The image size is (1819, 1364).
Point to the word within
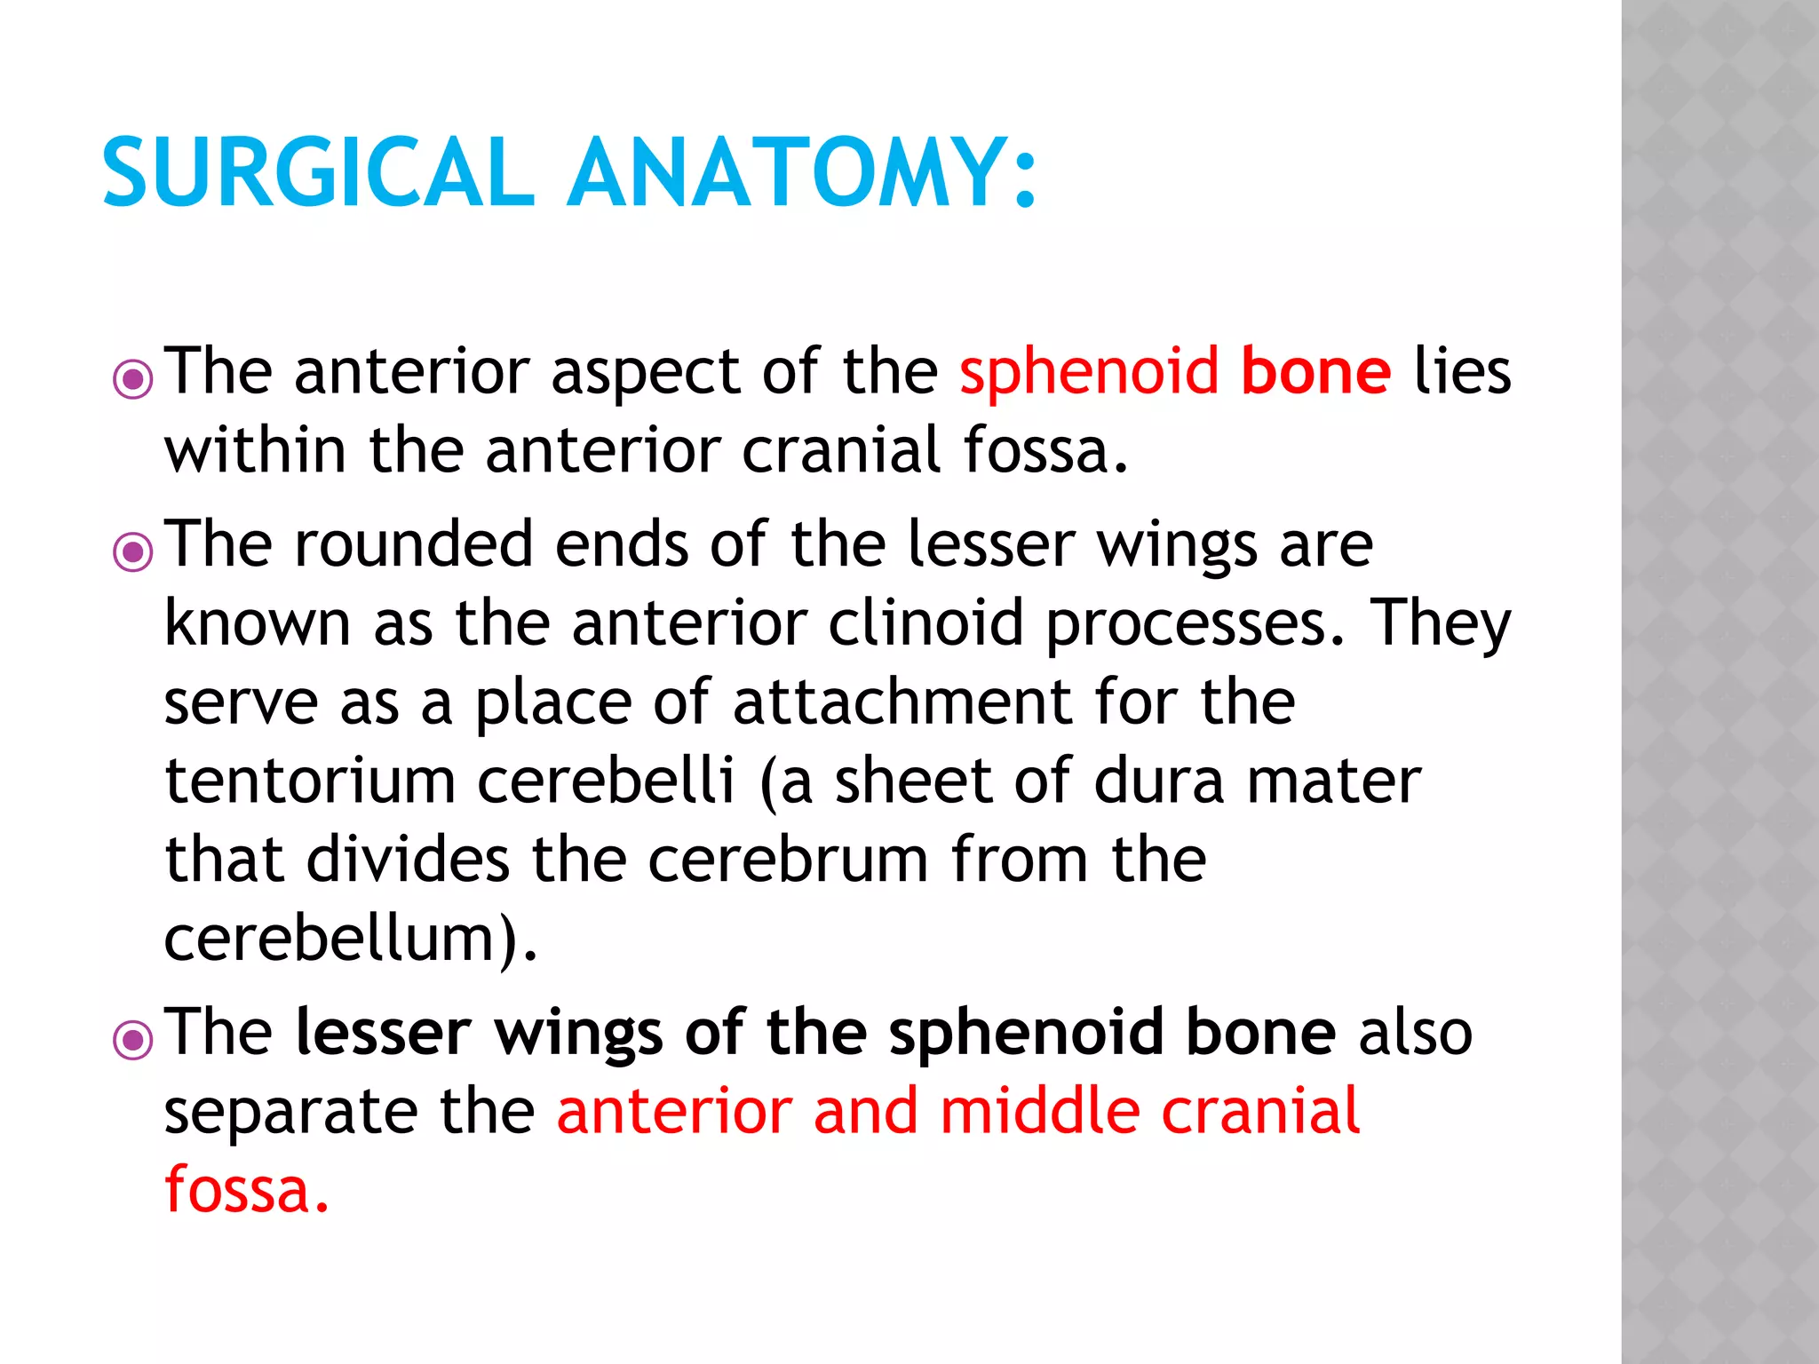click(x=255, y=450)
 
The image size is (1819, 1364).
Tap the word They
click(x=1439, y=624)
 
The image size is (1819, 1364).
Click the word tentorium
click(x=310, y=781)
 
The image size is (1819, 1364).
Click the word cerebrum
click(x=788, y=860)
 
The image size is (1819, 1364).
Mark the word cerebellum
click(x=329, y=939)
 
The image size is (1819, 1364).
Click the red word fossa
click(x=237, y=1189)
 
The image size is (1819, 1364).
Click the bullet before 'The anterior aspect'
click(x=133, y=380)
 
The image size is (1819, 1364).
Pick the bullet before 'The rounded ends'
click(x=133, y=552)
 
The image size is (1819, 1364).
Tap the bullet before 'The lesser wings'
click(x=133, y=1040)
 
